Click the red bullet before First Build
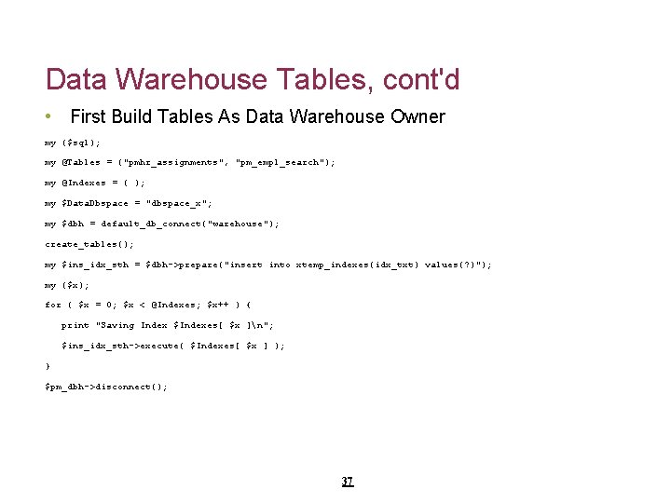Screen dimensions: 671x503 click(48, 117)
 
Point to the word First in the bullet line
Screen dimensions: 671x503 click(88, 117)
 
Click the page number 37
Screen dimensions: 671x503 click(347, 482)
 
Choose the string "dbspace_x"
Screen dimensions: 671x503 click(179, 203)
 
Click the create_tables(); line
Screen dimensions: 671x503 click(89, 244)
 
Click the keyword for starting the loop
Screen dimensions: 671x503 click(53, 305)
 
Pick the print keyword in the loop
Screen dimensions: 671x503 click(75, 325)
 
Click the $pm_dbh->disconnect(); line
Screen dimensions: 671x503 click(106, 387)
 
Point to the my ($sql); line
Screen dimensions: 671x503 click(73, 143)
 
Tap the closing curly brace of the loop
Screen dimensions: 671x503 click(48, 366)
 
